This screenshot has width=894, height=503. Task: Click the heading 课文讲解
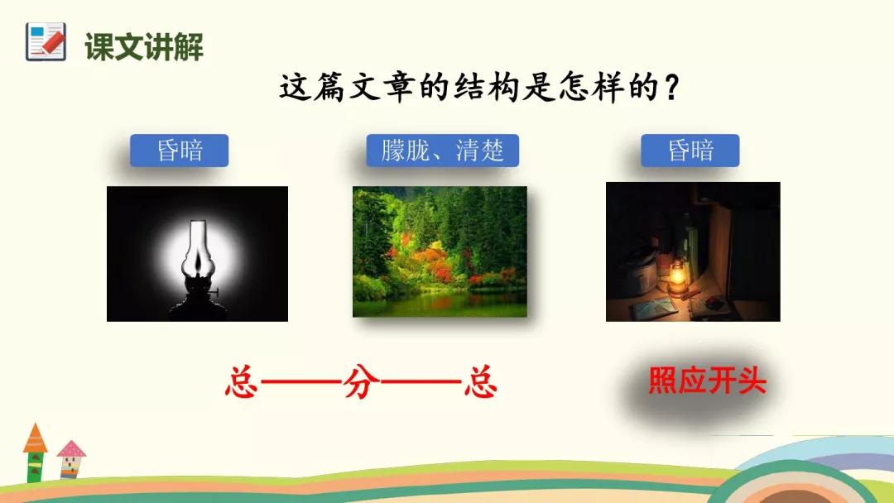pos(144,46)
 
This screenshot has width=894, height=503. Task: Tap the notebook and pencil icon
pos(46,41)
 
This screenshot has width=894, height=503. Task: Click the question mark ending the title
pos(673,89)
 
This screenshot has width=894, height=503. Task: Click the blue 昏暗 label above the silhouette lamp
pos(179,151)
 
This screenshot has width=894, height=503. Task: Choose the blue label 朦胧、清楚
pos(442,151)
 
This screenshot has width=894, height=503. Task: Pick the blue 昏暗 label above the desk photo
pos(690,151)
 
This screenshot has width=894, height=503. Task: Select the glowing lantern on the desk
pos(677,277)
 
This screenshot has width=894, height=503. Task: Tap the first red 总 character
pos(242,381)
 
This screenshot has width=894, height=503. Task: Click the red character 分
pos(362,381)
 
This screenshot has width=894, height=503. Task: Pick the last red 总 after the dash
pos(481,381)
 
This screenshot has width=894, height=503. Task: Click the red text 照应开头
pos(707,380)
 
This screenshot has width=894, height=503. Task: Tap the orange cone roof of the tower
pos(35,438)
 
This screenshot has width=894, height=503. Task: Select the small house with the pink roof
pos(70,458)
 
